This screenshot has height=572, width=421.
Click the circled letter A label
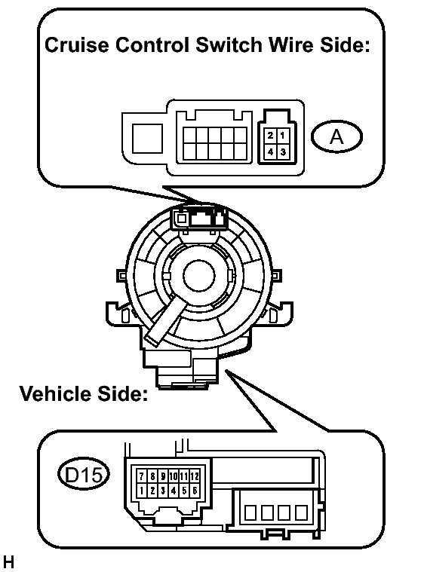pos(336,136)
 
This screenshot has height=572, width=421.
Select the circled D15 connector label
pos(84,475)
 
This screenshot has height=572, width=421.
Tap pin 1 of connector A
pos(283,136)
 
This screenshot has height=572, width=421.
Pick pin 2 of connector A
pos(270,136)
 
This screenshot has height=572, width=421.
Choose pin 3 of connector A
pos(283,151)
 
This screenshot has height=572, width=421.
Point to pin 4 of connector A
pos(270,151)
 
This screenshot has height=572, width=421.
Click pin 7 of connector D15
pos(142,476)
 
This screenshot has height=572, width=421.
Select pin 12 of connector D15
pos(195,476)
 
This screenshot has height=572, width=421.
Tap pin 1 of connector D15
pos(142,491)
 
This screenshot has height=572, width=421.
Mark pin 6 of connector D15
pos(195,491)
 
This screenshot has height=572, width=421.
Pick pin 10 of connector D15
pos(173,476)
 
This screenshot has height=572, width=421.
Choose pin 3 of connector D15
pos(163,491)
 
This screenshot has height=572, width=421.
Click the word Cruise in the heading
pos(77,45)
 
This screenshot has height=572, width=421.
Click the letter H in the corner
pos(9,562)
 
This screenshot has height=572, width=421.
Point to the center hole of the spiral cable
pos(199,276)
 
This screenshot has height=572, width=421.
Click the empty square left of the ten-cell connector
pos(147,138)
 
